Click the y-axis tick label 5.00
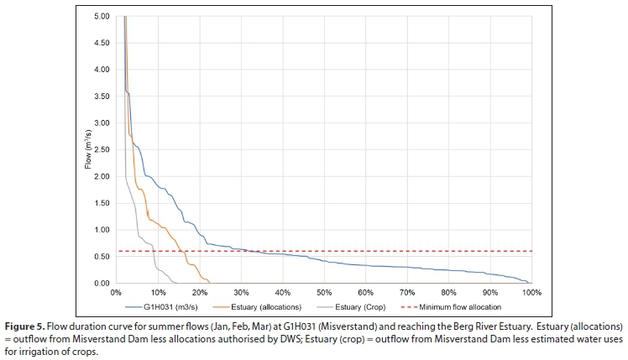click(x=102, y=16)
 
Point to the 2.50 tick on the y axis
click(x=102, y=149)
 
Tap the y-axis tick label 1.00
click(x=102, y=230)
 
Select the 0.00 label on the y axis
click(x=102, y=284)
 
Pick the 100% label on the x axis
click(x=531, y=293)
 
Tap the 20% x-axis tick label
click(x=199, y=293)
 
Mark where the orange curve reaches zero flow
click(x=209, y=283)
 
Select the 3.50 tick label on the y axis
click(x=102, y=97)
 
